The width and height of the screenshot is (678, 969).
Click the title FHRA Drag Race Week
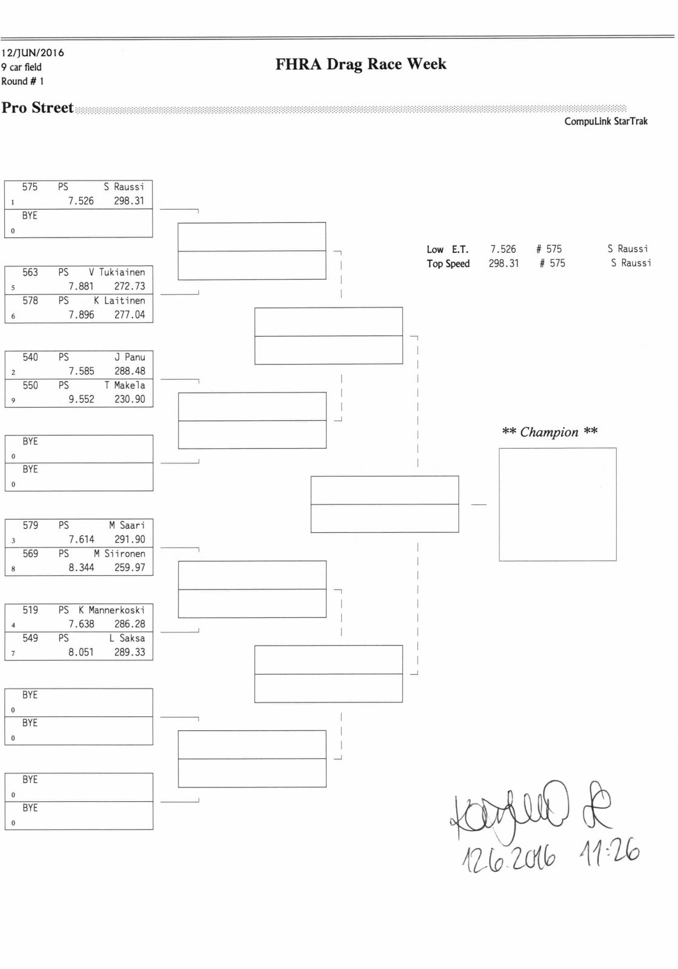pos(361,64)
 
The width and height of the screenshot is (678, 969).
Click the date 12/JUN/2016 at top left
pos(33,53)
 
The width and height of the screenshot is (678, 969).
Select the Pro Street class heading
pos(38,108)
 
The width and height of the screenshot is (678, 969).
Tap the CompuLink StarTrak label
pos(605,121)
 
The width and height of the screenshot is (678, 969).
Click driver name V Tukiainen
pos(117,273)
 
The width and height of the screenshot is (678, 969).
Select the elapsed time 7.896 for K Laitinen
pos(81,315)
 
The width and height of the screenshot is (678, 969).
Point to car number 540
pos(30,357)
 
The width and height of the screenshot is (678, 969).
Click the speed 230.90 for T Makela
pos(130,400)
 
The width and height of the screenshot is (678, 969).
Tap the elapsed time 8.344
pos(81,568)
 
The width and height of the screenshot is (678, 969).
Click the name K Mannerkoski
pos(111,610)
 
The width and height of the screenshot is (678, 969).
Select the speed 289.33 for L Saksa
pos(130,652)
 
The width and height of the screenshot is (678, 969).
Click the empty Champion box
pos(557,504)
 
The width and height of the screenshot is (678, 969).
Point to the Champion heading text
pos(550,432)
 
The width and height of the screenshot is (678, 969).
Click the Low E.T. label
pos(447,250)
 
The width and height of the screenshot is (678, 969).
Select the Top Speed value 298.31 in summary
pos(504,263)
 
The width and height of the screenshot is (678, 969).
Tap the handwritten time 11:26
pos(609,853)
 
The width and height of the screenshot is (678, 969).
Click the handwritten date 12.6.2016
pos(509,858)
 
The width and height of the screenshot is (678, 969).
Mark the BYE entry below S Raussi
pos(30,216)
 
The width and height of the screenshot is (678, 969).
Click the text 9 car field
pos(21,67)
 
